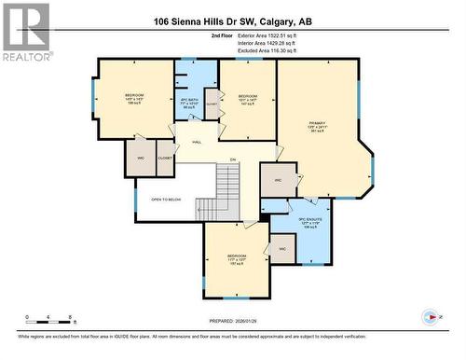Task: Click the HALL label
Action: [x=197, y=142]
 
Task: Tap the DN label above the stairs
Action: [x=234, y=159]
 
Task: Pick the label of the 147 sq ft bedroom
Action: [x=247, y=100]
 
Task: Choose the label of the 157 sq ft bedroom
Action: [x=237, y=258]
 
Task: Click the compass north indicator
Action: [x=432, y=316]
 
